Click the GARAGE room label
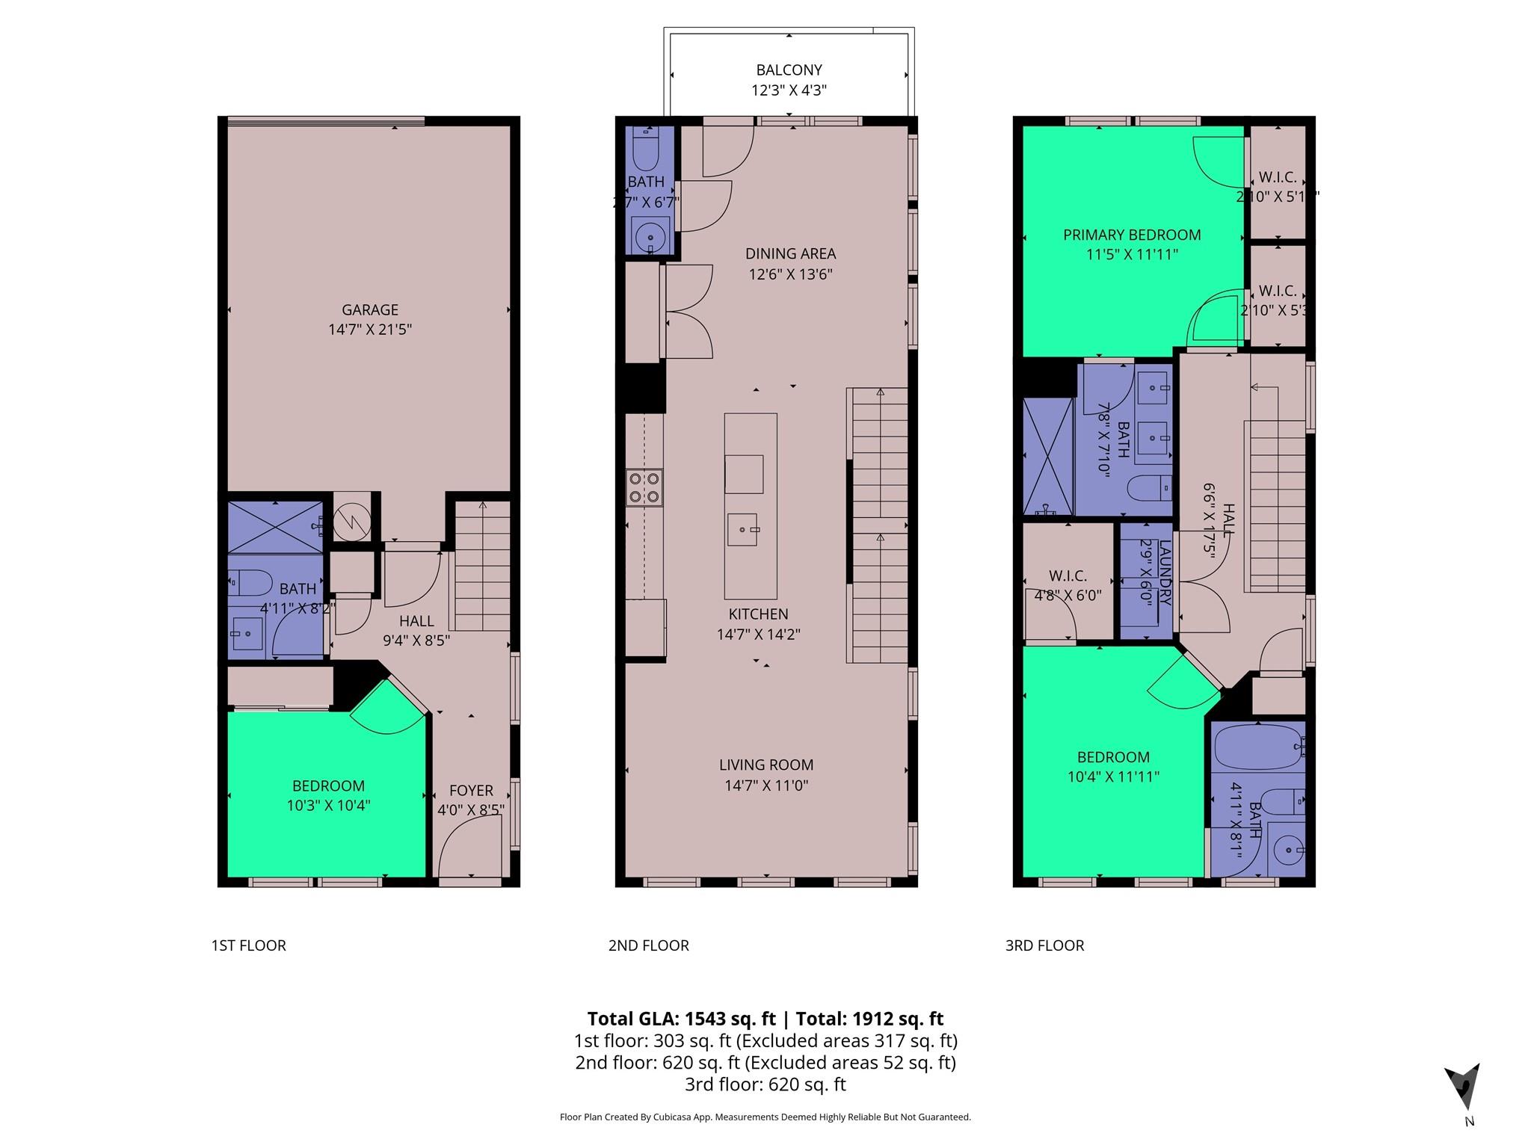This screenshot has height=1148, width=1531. point(369,309)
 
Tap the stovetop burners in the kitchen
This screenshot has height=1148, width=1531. point(644,487)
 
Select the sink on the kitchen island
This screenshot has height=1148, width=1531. point(742,530)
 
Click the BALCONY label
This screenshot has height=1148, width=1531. point(789,70)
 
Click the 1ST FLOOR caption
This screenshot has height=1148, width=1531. point(248,945)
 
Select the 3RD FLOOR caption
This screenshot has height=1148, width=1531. point(1044,945)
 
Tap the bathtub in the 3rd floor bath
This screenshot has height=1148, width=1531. point(1257,747)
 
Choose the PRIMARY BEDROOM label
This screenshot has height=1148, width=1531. point(1132,235)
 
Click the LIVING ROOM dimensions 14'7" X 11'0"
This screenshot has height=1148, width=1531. point(766,786)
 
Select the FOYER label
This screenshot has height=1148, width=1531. point(471,791)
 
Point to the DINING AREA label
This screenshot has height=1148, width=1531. point(790,254)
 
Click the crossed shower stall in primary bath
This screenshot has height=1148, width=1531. point(1047,457)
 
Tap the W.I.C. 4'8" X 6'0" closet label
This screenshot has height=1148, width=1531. point(1068,576)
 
